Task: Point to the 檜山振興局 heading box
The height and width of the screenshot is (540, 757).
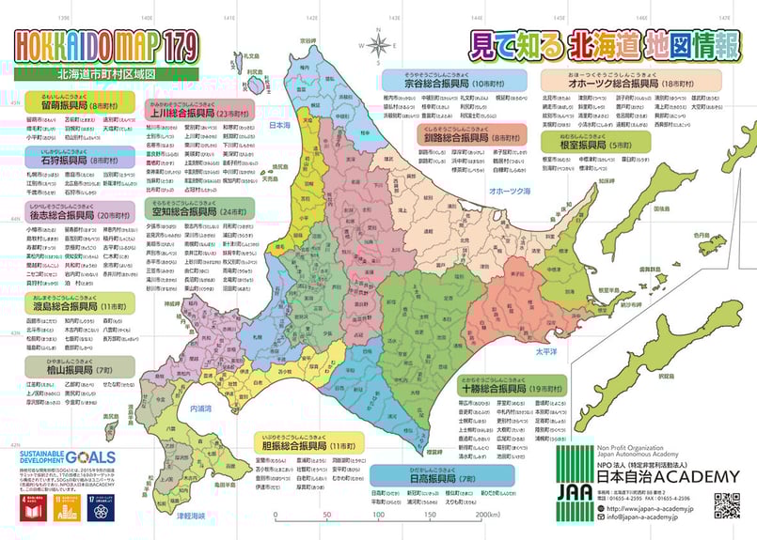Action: tap(77, 370)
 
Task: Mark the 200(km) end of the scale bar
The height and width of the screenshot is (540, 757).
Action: tap(485, 515)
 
